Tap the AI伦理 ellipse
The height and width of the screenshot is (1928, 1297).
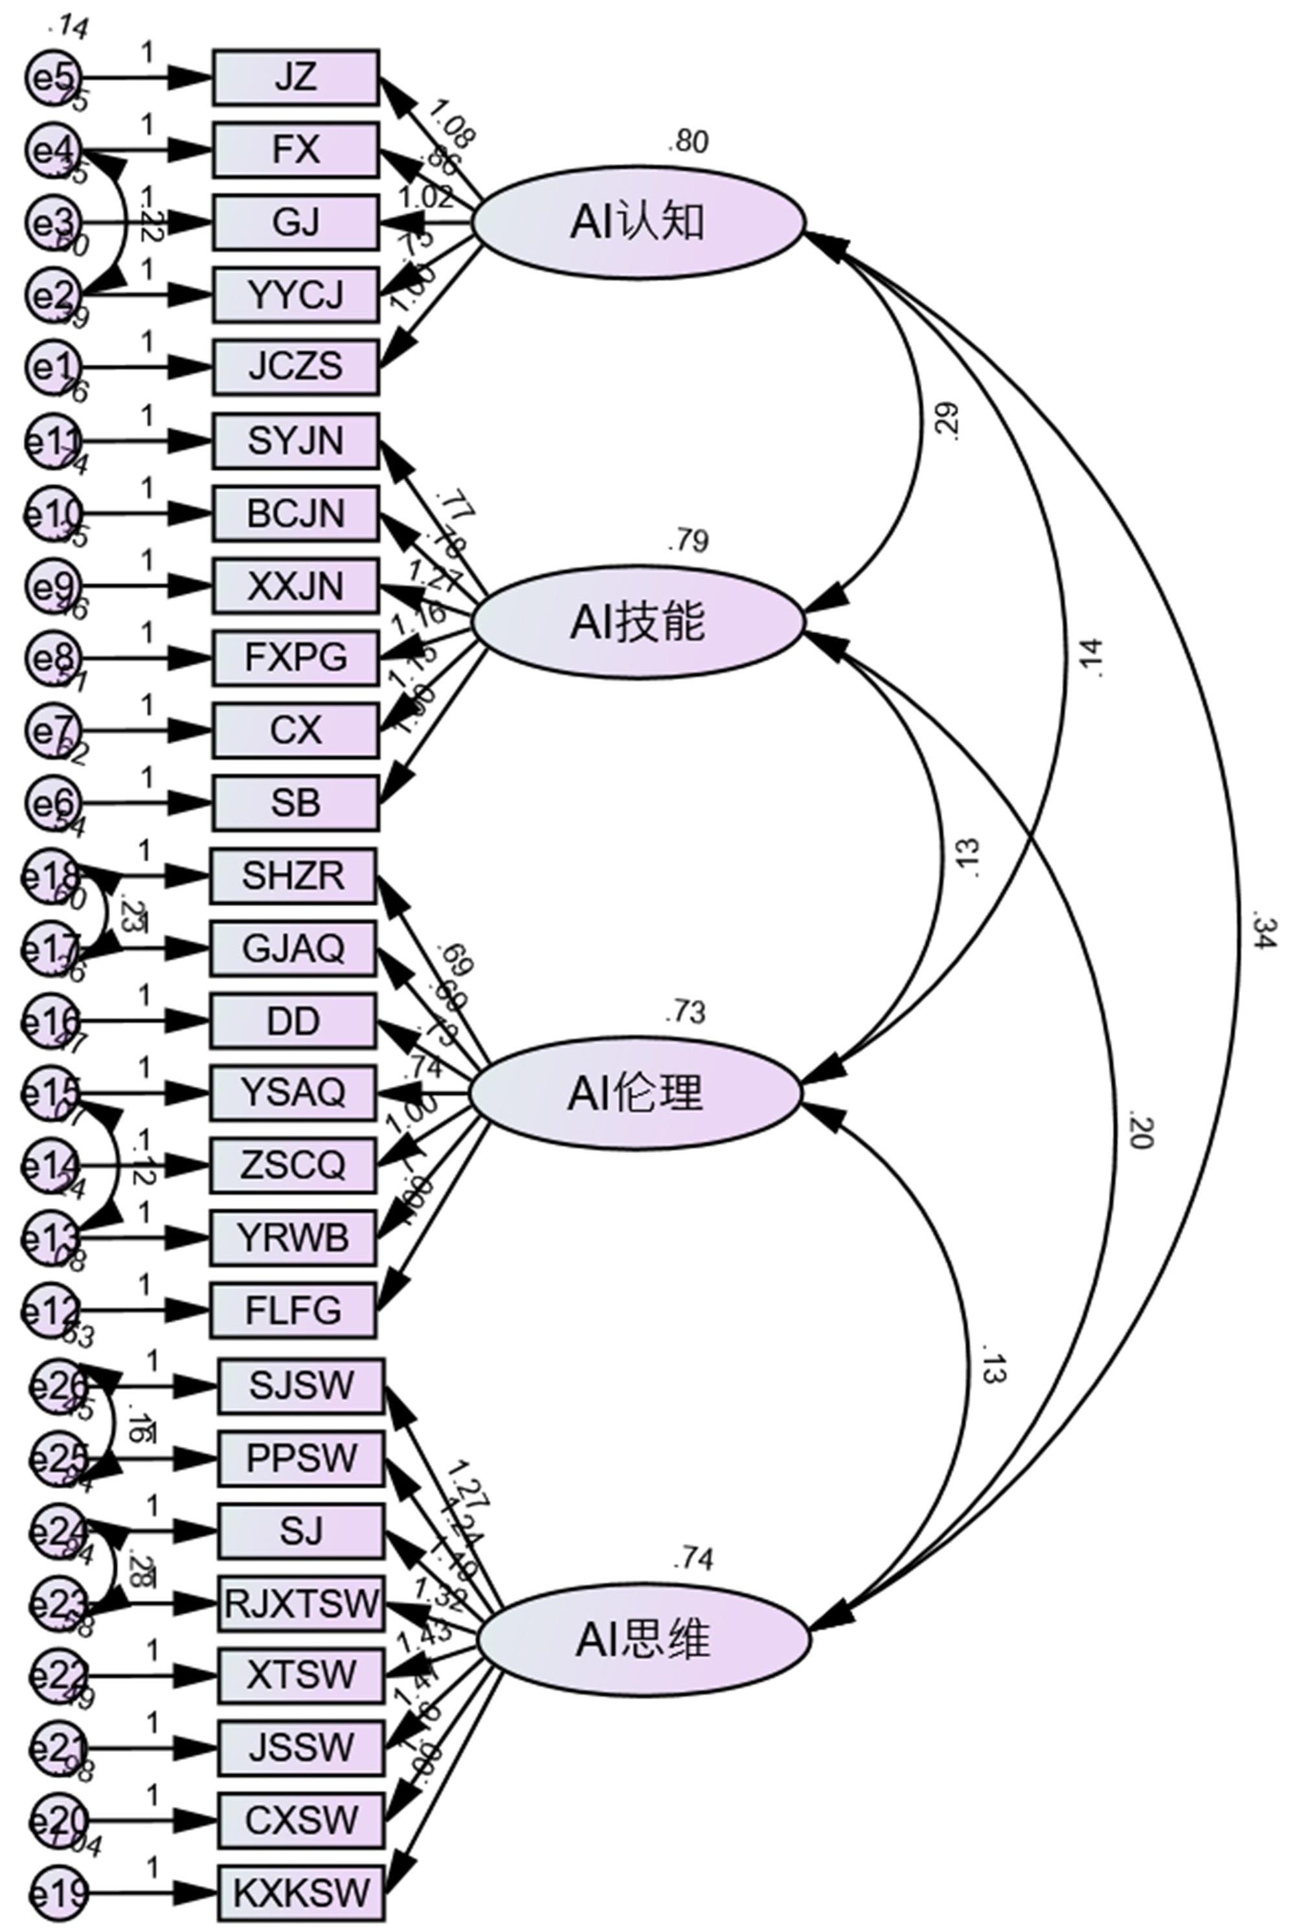pos(636,1093)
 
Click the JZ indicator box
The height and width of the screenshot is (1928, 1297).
pos(296,78)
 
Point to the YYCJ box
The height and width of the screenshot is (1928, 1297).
pos(296,295)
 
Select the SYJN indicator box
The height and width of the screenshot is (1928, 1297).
pos(296,441)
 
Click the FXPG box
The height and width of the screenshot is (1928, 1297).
pos(296,658)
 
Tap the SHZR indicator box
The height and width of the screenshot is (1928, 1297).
pos(293,875)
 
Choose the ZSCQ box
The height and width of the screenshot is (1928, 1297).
pos(293,1165)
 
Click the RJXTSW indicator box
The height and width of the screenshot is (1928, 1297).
pos(301,1604)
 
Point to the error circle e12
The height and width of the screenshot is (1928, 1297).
pos(51,1310)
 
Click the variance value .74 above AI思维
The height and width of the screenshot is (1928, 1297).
pos(693,1558)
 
